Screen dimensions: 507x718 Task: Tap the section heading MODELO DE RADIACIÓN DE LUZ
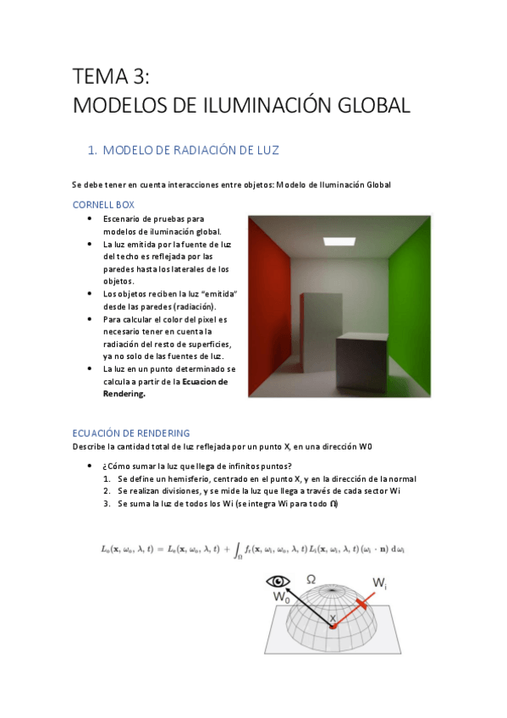(x=190, y=151)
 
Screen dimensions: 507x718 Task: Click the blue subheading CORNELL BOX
(x=103, y=205)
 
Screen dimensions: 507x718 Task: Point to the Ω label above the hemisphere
(x=311, y=579)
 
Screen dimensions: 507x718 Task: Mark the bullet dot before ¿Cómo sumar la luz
(x=91, y=467)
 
